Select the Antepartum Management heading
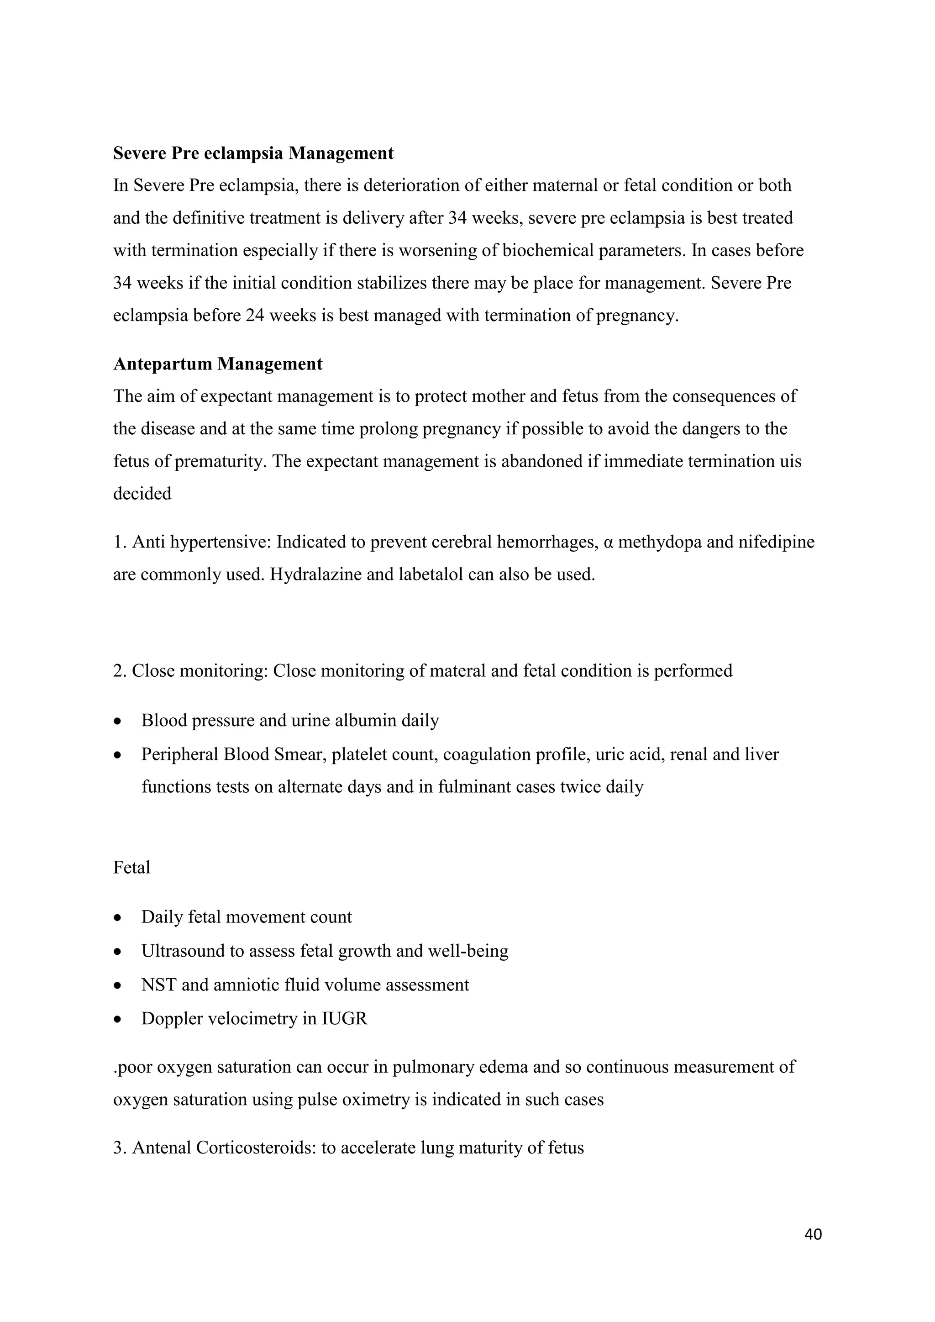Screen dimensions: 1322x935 click(218, 364)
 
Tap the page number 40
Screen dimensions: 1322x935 click(813, 1234)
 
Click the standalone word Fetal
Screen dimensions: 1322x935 click(131, 868)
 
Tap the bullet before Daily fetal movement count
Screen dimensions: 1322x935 click(118, 918)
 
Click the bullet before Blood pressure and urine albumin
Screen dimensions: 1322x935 click(118, 722)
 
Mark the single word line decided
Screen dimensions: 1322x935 click(142, 494)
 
